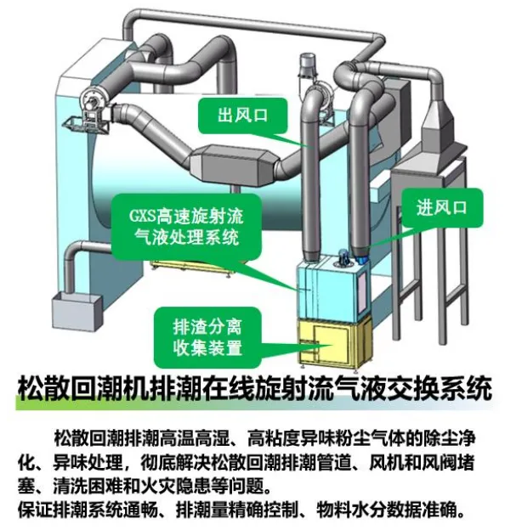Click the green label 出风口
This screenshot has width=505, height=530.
(242, 116)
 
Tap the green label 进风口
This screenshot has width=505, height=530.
(441, 207)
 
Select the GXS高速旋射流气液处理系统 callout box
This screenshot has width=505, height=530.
(187, 227)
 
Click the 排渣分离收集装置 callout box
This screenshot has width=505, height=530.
(207, 337)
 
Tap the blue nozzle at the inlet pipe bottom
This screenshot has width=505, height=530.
(360, 256)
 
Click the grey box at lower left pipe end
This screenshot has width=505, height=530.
(77, 312)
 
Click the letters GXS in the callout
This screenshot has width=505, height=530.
(142, 216)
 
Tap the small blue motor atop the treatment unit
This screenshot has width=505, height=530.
(344, 255)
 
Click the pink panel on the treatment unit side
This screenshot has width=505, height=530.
(362, 290)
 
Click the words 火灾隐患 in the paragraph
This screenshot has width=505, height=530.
(174, 486)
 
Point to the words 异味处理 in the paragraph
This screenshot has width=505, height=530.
(88, 462)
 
